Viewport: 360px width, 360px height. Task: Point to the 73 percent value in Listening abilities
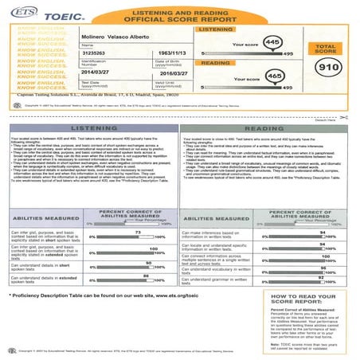138,209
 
